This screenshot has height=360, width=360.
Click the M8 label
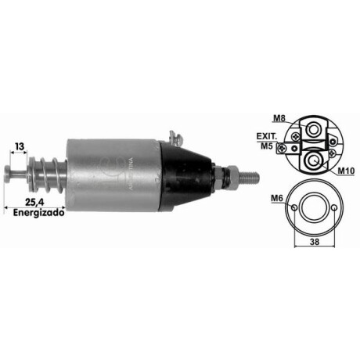(x=279, y=117)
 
